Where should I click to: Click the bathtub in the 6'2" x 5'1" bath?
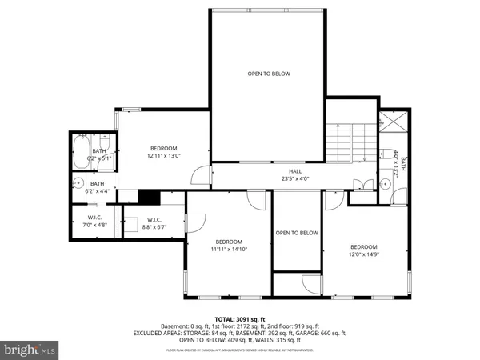(x=81, y=150)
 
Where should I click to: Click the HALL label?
(x=295, y=170)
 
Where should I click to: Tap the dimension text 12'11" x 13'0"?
(x=163, y=156)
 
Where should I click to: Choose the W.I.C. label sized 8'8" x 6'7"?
(x=154, y=224)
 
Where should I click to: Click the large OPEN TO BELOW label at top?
(x=268, y=74)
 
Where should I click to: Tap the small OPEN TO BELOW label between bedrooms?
(x=297, y=233)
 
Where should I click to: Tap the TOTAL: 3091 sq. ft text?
(x=240, y=320)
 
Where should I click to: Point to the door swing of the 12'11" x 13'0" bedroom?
(x=206, y=174)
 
